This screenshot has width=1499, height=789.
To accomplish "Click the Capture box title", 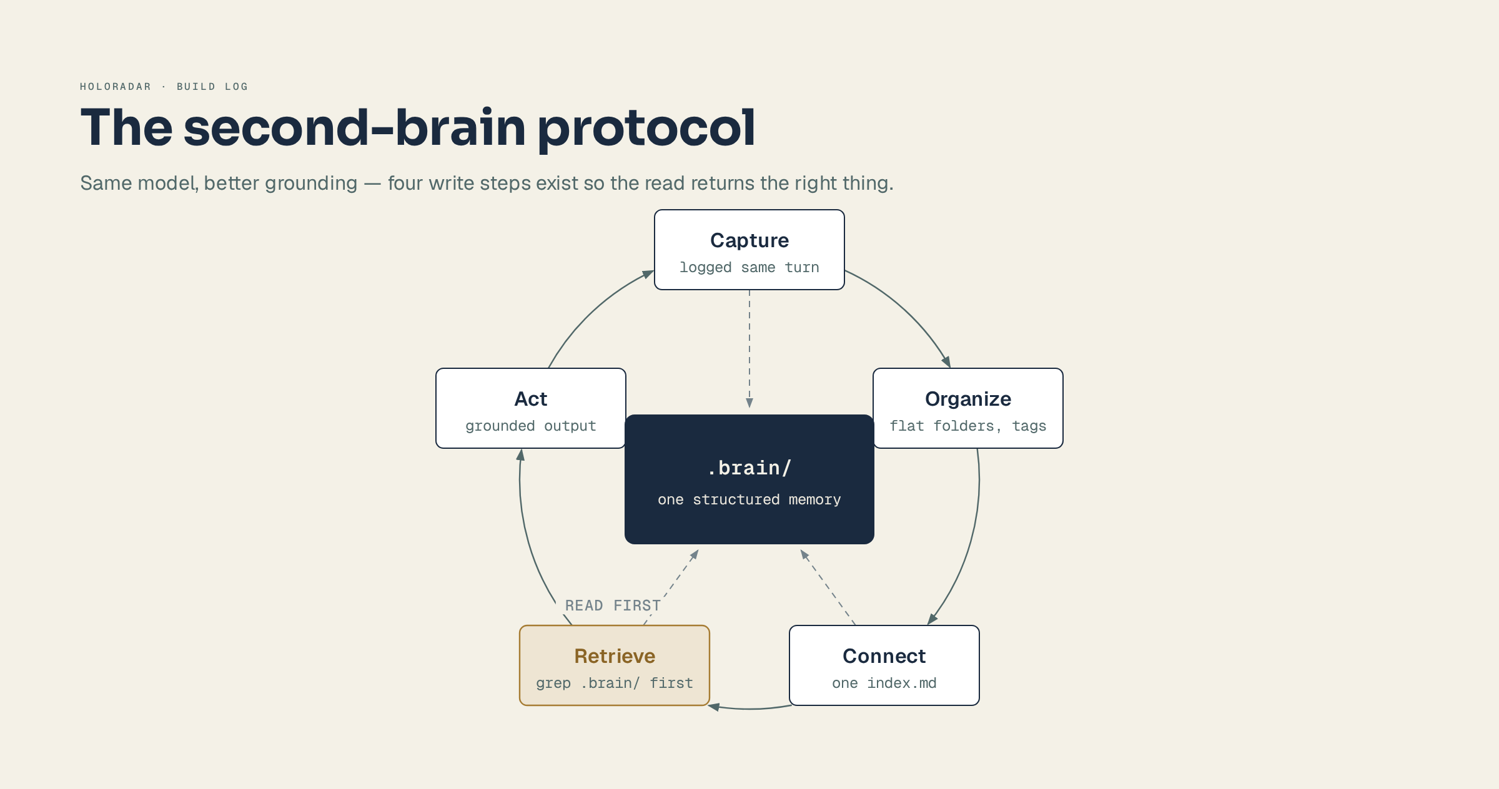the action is (749, 240).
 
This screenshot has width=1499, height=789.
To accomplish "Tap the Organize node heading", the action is (968, 399).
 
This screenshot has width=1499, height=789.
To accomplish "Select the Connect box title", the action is (884, 656).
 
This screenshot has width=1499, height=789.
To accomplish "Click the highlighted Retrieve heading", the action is (615, 656).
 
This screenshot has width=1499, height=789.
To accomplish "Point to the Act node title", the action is (531, 399).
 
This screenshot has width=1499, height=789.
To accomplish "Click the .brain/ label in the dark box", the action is (749, 468).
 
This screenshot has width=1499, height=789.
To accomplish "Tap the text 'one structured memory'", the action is (749, 499).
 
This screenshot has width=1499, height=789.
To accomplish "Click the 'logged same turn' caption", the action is (749, 267).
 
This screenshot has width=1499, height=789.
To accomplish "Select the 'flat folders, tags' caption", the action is (968, 426).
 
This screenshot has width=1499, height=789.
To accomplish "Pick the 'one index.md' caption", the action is (884, 683).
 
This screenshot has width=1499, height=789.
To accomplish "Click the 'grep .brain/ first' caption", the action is (615, 683).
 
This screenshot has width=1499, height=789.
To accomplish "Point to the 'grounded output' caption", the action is (531, 426).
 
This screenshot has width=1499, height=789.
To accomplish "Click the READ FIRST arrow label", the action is (613, 605).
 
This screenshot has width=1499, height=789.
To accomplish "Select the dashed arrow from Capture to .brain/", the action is (749, 349).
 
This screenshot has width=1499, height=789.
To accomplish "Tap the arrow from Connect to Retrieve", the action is (749, 708).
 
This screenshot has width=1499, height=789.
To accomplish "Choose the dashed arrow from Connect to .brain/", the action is (828, 587).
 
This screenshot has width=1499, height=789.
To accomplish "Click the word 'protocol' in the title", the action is (646, 128).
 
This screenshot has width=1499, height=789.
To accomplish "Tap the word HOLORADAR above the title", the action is (116, 87).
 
